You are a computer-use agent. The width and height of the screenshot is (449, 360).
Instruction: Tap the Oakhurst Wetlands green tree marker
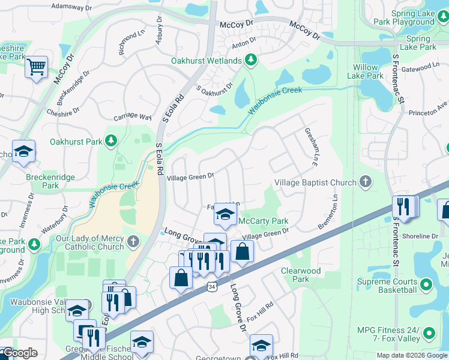point(251,60)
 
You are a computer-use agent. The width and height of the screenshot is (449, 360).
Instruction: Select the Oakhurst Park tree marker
point(110,140)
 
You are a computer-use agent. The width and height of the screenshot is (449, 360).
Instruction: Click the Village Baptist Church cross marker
point(365,181)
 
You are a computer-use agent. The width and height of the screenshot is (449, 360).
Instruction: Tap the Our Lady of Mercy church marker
point(133,242)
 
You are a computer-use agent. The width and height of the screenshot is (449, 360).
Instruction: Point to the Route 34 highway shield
point(210,287)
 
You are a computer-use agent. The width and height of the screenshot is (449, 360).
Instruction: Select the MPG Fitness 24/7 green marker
point(429,332)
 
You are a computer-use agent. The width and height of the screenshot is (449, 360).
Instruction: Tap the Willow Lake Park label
point(365,71)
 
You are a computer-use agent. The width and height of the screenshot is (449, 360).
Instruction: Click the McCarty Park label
point(264,221)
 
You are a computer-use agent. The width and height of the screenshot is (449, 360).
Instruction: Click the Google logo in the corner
point(20,353)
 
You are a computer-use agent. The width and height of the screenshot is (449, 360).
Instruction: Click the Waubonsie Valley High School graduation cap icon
point(77,310)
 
